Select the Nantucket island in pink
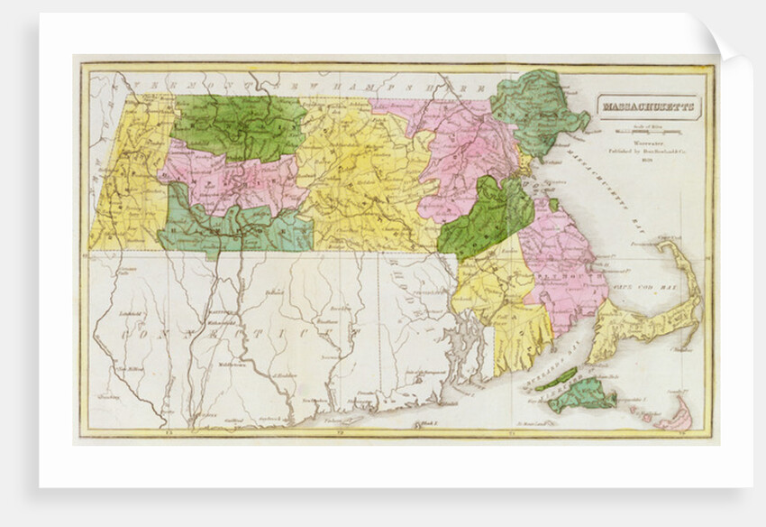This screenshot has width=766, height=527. tap(676, 418)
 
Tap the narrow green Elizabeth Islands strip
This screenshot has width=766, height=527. tap(556, 378)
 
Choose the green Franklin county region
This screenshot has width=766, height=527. tap(238, 126)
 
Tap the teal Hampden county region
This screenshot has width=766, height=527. tap(234, 229)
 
